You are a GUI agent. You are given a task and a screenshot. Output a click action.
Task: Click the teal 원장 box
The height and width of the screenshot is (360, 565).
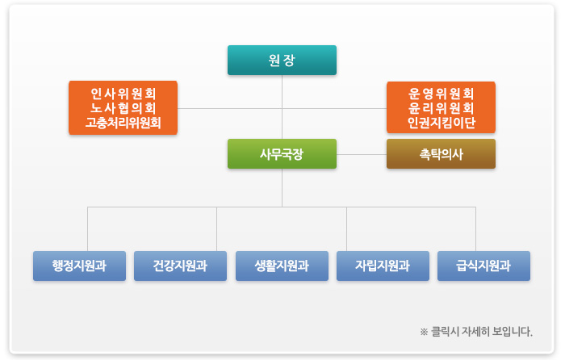(x=282, y=61)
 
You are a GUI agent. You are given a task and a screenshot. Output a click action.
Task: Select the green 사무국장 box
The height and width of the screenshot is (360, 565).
(x=282, y=153)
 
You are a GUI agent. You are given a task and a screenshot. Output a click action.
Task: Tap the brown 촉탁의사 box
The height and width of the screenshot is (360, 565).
(x=441, y=153)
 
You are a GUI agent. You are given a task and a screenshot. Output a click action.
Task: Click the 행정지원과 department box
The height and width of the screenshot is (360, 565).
(x=79, y=266)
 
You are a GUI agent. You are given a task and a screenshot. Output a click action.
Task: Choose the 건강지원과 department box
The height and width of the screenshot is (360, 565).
(x=180, y=266)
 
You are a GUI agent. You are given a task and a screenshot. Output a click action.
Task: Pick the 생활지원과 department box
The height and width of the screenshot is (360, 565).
(x=282, y=266)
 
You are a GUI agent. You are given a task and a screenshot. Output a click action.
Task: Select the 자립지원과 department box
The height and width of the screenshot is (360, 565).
(x=383, y=266)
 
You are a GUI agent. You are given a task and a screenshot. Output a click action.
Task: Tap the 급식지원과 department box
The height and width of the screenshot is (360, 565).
(x=483, y=266)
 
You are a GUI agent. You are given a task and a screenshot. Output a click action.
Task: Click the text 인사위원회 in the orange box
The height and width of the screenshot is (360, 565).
(x=123, y=93)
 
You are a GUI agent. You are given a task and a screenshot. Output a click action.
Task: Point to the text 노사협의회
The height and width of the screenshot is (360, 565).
(x=123, y=108)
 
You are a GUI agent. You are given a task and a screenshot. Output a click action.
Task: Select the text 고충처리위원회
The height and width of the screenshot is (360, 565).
(x=123, y=123)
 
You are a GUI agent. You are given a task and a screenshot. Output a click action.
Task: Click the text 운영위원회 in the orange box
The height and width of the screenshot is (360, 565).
(x=441, y=93)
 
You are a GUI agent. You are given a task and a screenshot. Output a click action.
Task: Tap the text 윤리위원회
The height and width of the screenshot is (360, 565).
(x=441, y=108)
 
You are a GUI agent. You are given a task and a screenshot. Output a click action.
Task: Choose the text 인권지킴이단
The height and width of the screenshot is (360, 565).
(x=441, y=123)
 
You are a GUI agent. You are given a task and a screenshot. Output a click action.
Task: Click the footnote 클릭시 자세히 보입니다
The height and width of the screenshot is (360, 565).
(x=481, y=331)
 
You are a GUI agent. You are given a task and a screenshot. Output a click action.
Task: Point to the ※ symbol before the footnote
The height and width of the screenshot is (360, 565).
(x=424, y=331)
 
